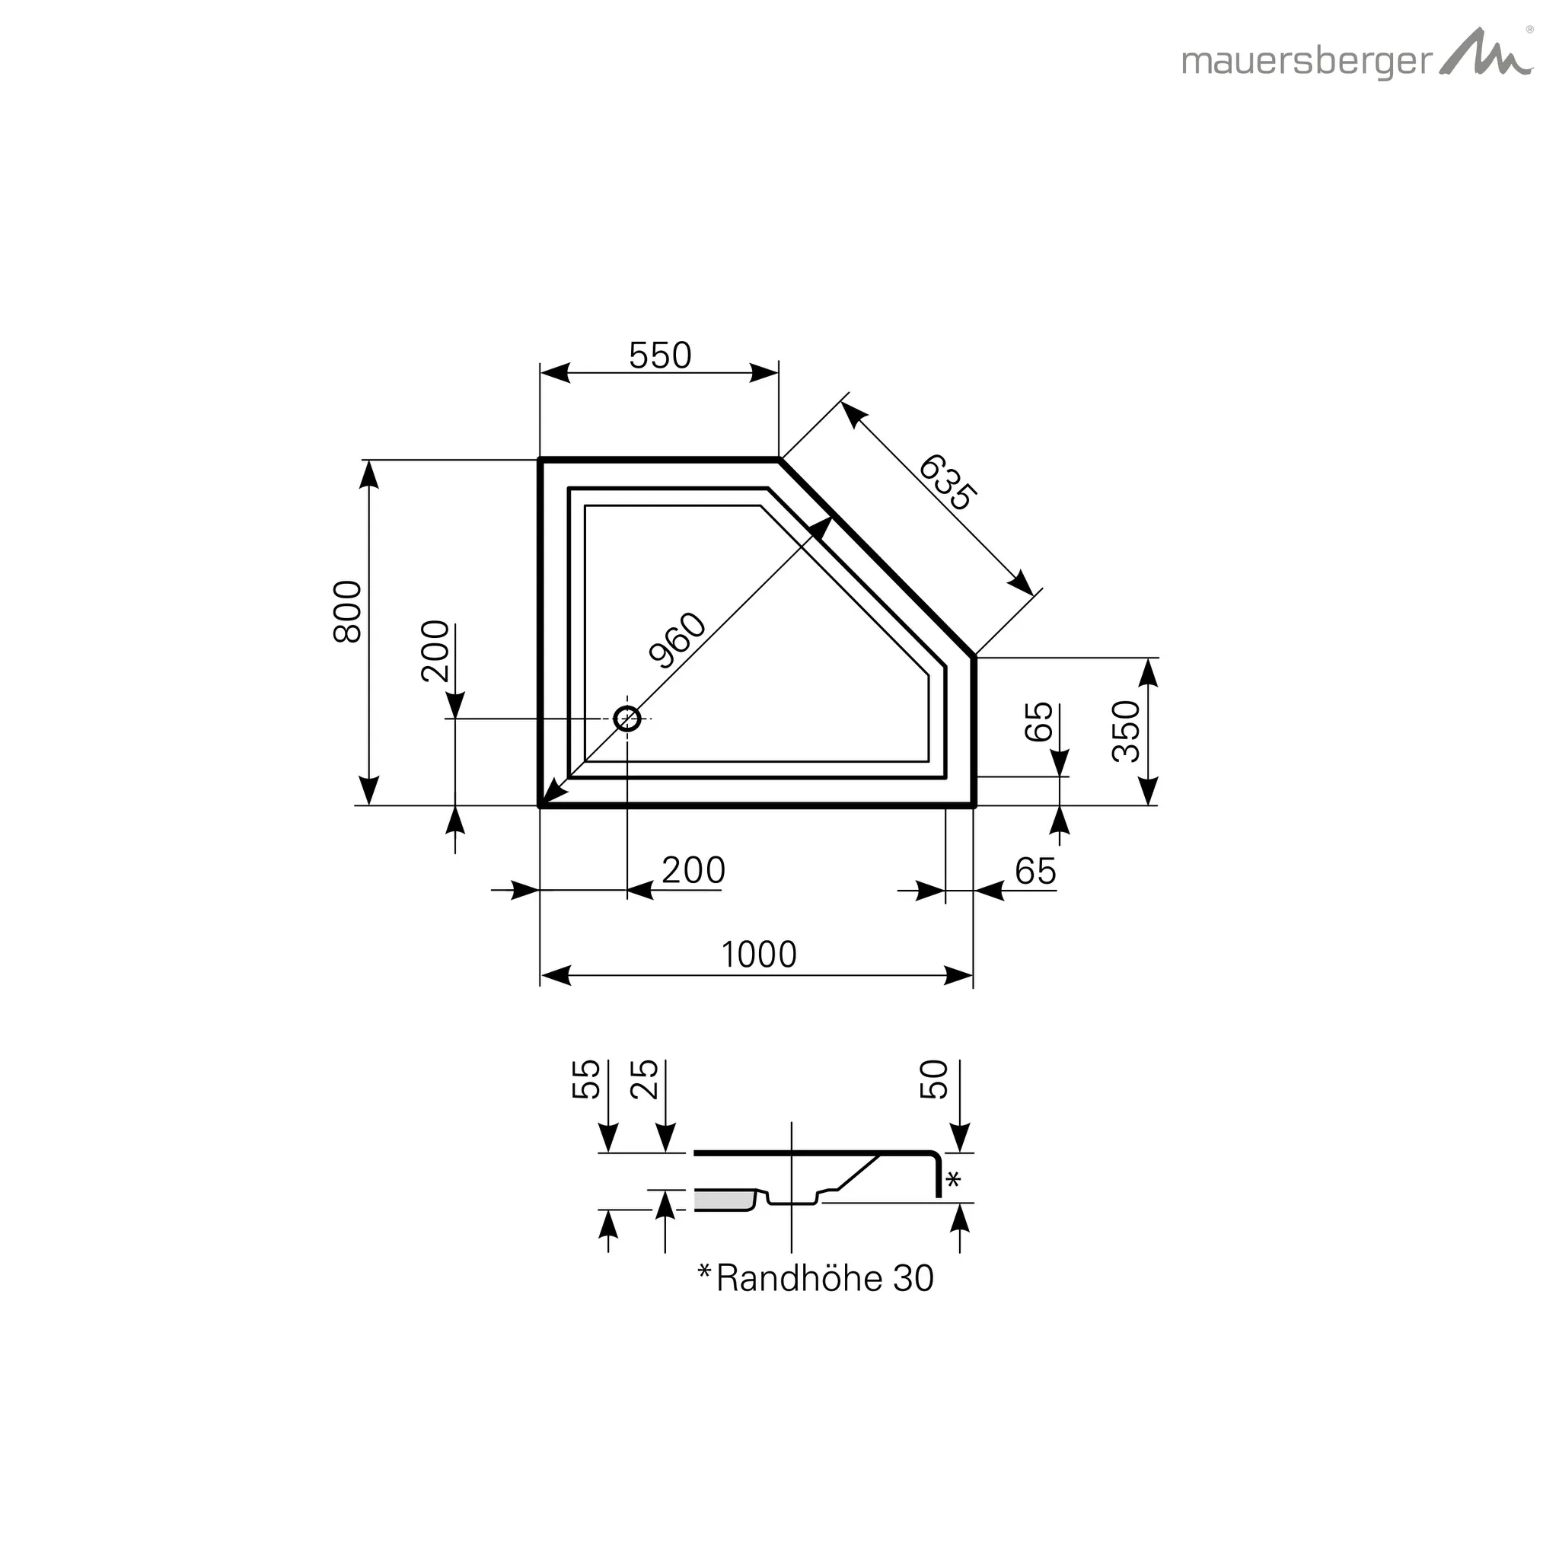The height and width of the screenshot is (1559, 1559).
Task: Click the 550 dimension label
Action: (x=660, y=355)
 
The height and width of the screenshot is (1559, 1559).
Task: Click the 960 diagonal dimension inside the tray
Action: (x=677, y=641)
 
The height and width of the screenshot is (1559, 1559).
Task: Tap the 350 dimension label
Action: (x=1127, y=731)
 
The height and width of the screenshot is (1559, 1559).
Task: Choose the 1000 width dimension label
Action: (x=758, y=955)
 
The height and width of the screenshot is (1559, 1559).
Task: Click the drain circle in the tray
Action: (x=627, y=718)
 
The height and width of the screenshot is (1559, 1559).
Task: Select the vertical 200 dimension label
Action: (x=435, y=651)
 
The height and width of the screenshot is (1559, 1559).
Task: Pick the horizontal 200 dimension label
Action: (x=693, y=871)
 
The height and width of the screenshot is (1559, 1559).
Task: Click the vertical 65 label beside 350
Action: (x=1038, y=722)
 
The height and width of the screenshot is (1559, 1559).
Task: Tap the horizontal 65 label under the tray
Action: (x=1035, y=872)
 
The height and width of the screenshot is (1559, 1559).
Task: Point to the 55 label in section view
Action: (x=587, y=1079)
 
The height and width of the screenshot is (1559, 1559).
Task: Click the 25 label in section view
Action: (x=644, y=1079)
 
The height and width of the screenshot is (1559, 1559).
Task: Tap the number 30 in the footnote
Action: (x=913, y=1278)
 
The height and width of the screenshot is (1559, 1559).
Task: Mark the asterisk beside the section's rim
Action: (x=953, y=1179)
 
